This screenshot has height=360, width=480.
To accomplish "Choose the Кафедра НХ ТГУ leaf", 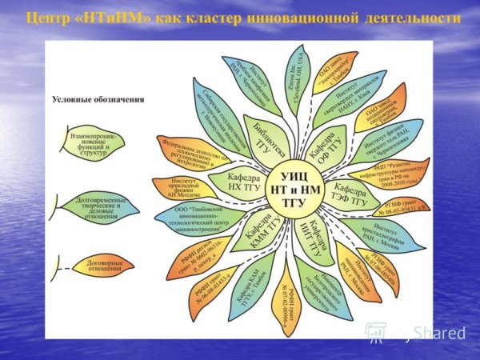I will point(233,181).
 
